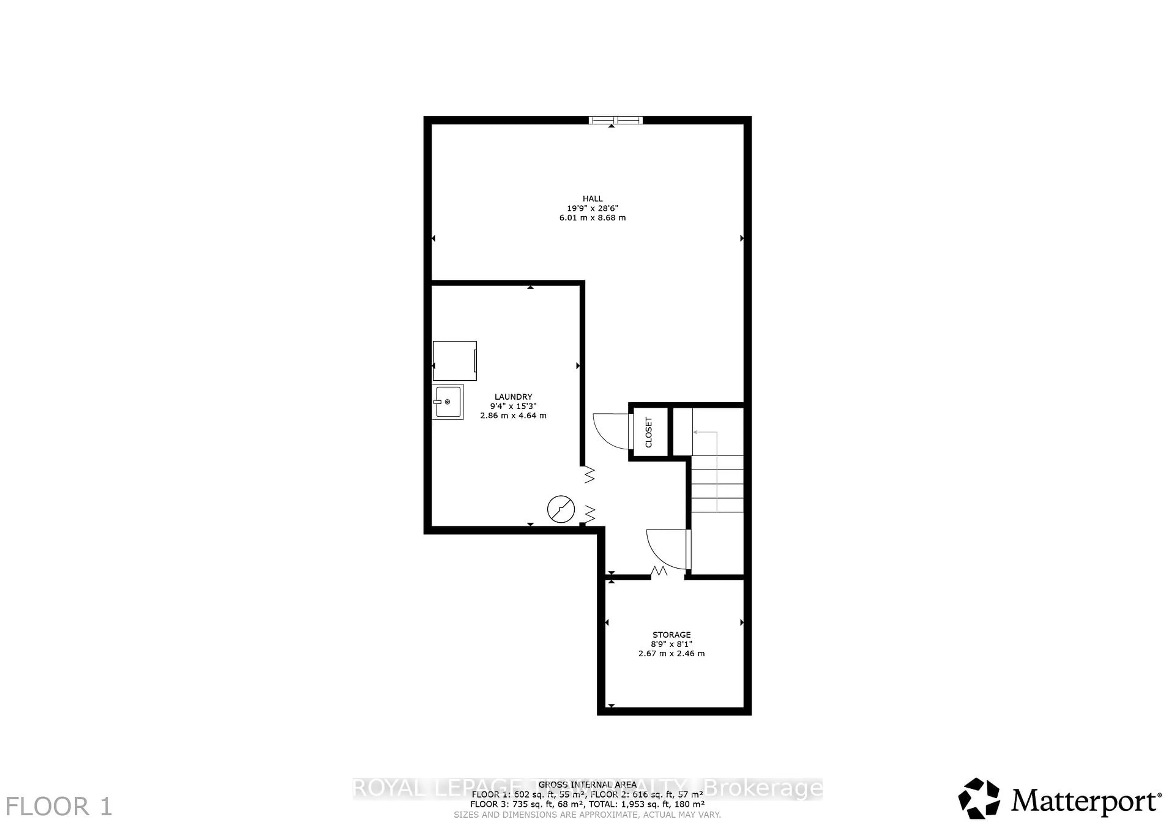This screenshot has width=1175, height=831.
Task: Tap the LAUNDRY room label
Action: tap(513, 397)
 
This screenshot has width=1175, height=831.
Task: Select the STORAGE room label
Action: tap(671, 635)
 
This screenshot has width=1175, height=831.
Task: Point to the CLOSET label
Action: tap(648, 432)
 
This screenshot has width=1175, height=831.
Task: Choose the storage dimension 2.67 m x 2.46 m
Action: tap(671, 654)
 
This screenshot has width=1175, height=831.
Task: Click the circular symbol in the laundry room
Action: tap(561, 509)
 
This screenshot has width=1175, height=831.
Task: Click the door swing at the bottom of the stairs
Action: tap(667, 549)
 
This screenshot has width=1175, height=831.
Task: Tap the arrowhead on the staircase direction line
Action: tap(696, 432)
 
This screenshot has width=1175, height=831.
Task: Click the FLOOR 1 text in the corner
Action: tap(58, 807)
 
